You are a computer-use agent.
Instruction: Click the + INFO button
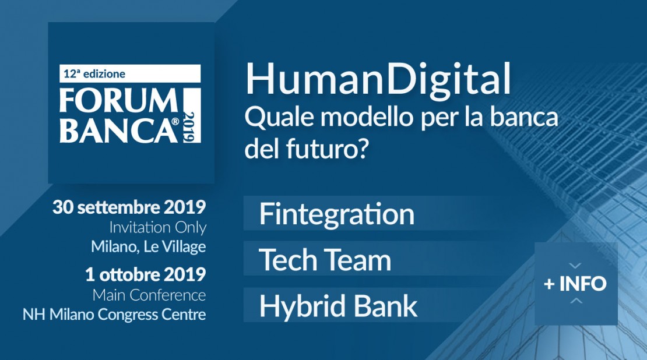point(576,284)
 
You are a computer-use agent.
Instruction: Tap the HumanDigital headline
point(378,80)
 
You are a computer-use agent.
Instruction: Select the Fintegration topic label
point(336,214)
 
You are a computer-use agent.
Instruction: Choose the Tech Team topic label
point(325,260)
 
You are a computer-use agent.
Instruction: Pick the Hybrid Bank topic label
point(338,306)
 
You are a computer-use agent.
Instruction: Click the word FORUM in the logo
point(119,101)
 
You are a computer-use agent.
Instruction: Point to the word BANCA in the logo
point(118,130)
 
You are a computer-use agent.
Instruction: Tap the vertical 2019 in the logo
point(189,127)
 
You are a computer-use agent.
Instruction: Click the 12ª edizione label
point(94,74)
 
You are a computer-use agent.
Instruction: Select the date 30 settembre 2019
point(129,207)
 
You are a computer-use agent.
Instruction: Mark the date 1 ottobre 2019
point(145,274)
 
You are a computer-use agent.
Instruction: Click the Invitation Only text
point(157,228)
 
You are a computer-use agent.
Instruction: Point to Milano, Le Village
point(149,246)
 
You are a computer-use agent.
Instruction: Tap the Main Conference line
point(149,295)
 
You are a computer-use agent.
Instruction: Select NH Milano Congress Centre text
point(114,314)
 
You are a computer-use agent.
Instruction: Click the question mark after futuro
point(361,149)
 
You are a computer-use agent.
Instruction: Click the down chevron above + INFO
point(575,266)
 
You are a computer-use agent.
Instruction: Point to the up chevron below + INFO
point(576,301)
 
